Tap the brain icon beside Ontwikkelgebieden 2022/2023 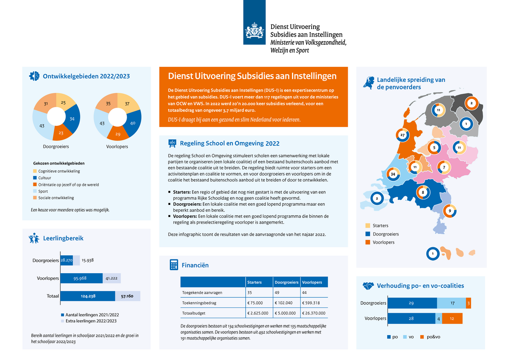click(34, 76)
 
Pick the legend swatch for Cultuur click(35, 178)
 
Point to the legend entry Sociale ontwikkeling click(56, 198)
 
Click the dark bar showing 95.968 click(81, 278)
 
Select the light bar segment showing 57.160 click(127, 296)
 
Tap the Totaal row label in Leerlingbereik click(53, 296)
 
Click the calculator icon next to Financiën click(174, 265)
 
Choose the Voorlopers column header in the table click(312, 282)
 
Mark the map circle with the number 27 click(402, 135)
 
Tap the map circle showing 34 click(393, 174)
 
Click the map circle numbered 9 click(450, 211)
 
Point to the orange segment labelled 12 click(452, 318)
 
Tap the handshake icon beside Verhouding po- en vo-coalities click(369, 286)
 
